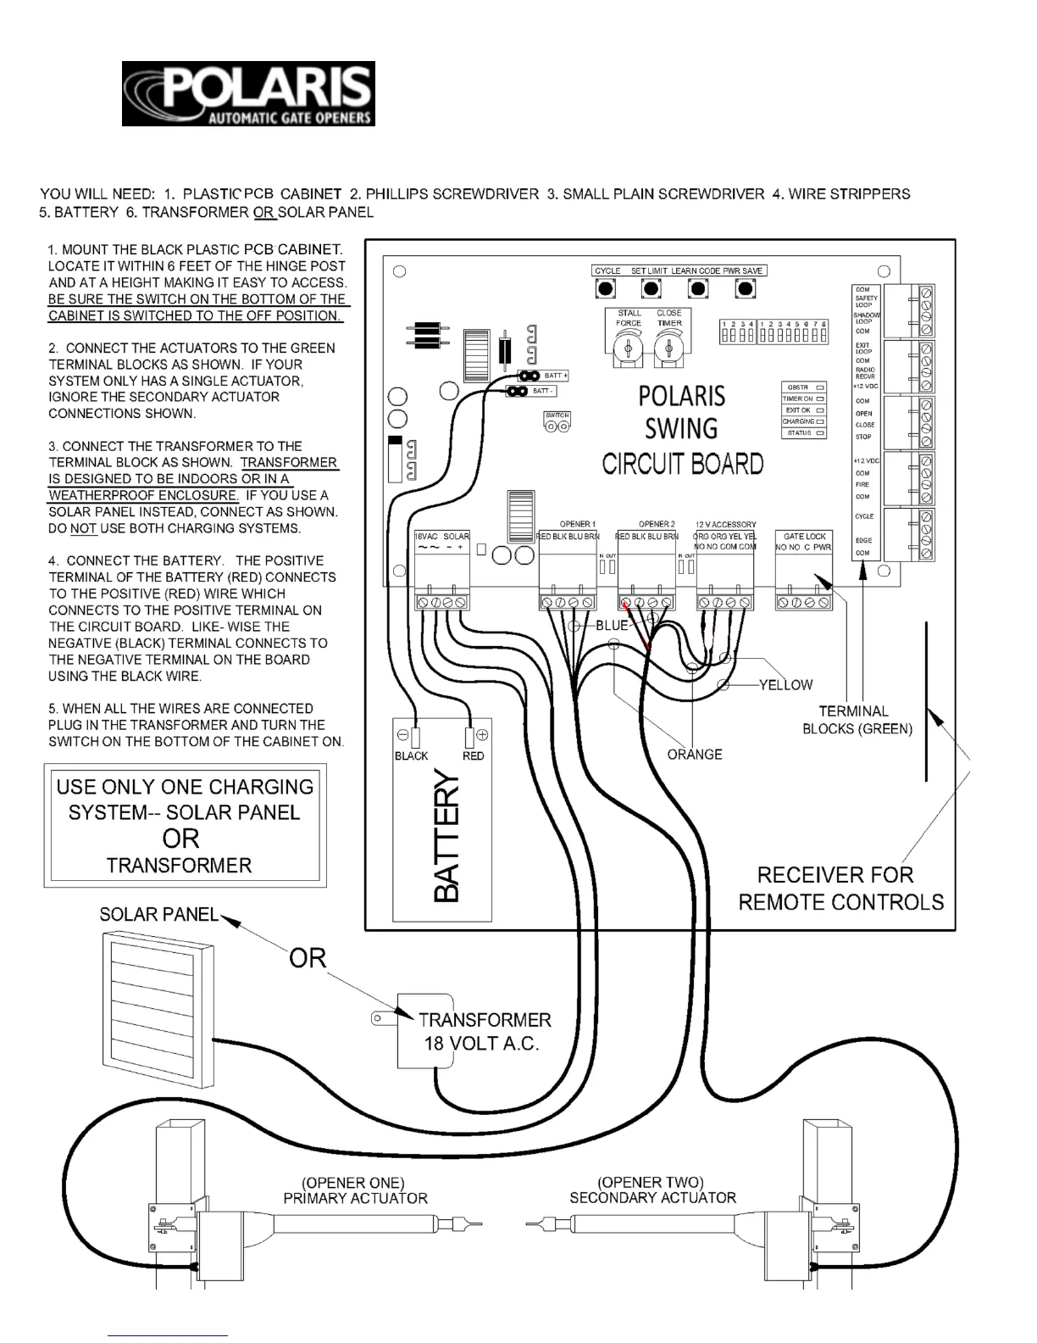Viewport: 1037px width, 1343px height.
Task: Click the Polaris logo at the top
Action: coord(248,93)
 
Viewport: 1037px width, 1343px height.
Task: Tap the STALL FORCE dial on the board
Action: coord(628,346)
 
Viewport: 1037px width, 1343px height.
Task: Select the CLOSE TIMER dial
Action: coord(668,346)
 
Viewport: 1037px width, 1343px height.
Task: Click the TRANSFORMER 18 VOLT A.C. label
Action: coord(484,1031)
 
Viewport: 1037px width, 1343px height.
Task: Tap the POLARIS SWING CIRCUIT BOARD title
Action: coord(682,430)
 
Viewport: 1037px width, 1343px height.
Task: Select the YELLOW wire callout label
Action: coord(785,685)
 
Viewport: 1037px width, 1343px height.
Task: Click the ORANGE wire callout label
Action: coord(695,754)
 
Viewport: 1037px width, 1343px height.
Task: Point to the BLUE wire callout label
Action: coord(612,626)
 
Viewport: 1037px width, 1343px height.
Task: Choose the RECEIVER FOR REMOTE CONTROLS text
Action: coord(840,888)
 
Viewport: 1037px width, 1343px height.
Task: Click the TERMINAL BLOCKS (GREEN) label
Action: coord(857,720)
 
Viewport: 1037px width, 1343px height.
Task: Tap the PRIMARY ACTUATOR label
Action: coord(355,1198)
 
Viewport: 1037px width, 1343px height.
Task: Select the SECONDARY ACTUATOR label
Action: coord(652,1197)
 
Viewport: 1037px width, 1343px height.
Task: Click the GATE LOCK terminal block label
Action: coord(804,536)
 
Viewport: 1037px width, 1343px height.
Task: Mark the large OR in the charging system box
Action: coord(180,839)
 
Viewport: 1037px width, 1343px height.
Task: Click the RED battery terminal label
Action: coord(473,755)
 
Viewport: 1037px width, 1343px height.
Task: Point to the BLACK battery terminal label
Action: coord(411,755)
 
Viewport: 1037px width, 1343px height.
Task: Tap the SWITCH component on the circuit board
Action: coord(557,422)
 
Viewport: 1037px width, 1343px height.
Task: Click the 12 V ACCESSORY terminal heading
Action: coord(725,525)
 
